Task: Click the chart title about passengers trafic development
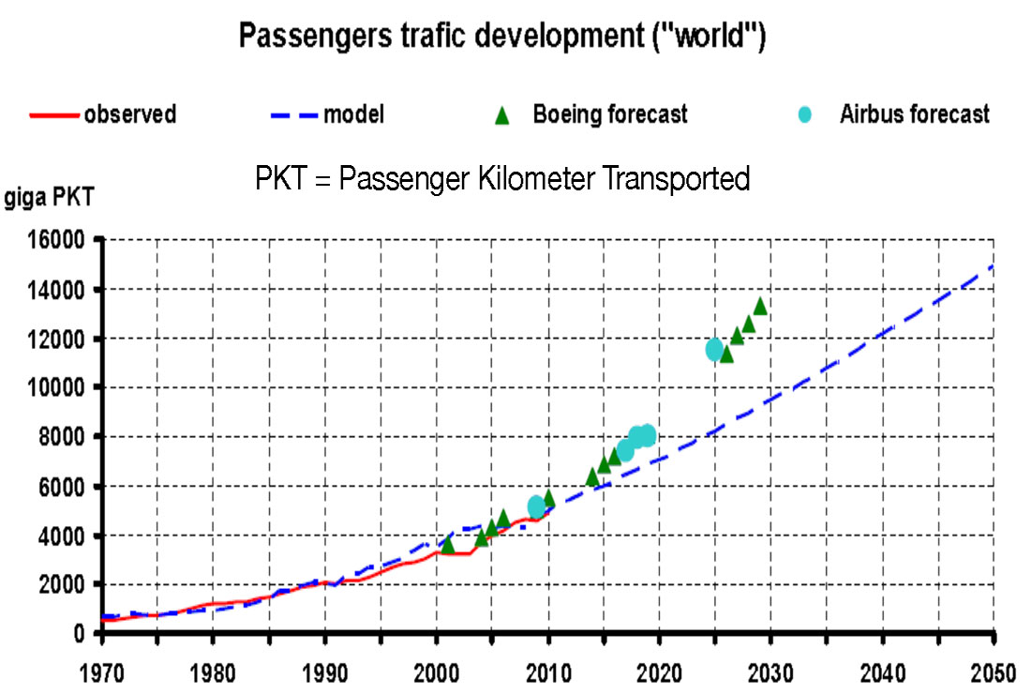(x=503, y=37)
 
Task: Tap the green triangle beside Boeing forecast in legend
(x=502, y=116)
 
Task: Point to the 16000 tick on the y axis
(x=60, y=240)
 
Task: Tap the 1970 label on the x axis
(x=102, y=673)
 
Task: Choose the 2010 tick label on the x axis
(x=548, y=673)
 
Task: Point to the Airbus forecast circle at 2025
(x=715, y=349)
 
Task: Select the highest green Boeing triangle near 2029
(x=760, y=306)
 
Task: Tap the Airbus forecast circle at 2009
(x=537, y=506)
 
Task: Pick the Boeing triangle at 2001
(x=448, y=544)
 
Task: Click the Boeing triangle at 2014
(x=592, y=476)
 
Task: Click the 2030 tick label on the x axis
(x=771, y=673)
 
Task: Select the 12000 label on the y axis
(x=60, y=339)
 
